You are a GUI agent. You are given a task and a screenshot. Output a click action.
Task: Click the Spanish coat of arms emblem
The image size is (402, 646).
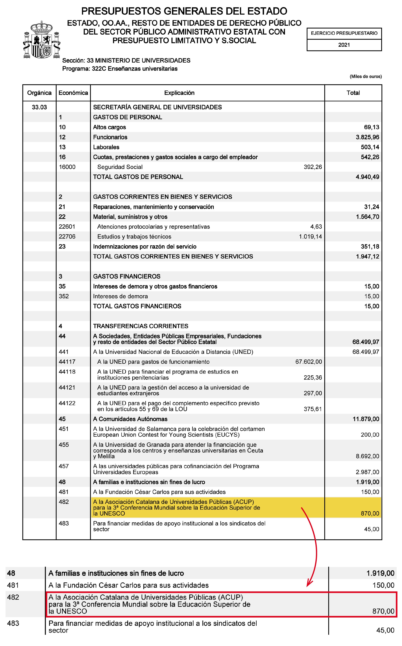point(42,40)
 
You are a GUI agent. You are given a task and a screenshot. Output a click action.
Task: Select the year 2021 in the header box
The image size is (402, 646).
point(344,45)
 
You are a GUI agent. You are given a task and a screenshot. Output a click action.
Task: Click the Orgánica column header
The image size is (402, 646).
point(39,93)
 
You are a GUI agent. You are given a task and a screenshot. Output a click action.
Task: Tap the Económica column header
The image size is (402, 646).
point(73,93)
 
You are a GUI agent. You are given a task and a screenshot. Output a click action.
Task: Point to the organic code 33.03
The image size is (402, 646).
point(39,107)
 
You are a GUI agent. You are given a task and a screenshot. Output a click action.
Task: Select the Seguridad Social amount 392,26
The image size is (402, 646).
point(313,167)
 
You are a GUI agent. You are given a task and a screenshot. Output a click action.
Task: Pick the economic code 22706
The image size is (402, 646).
point(67,236)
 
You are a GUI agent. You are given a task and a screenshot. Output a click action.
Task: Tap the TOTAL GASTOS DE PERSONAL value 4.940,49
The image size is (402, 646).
point(367,177)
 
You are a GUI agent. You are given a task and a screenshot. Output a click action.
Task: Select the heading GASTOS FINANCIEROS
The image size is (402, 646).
point(126,276)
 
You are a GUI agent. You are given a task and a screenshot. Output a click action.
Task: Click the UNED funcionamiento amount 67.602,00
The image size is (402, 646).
point(308,362)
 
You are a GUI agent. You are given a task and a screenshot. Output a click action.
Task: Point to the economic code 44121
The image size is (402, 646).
point(67,387)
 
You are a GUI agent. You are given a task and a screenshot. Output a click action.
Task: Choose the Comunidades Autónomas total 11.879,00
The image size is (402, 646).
point(366,419)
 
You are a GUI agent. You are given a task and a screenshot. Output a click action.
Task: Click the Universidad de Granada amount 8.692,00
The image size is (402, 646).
point(367,456)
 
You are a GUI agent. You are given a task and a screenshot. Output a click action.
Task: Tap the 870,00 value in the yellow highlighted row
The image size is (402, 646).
point(370,513)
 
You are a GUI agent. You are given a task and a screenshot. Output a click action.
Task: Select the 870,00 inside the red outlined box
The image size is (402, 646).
point(383,611)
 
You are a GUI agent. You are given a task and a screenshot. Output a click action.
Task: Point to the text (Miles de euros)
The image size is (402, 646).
point(366,77)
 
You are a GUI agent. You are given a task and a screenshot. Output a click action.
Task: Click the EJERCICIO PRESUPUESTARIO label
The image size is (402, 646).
point(344,33)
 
